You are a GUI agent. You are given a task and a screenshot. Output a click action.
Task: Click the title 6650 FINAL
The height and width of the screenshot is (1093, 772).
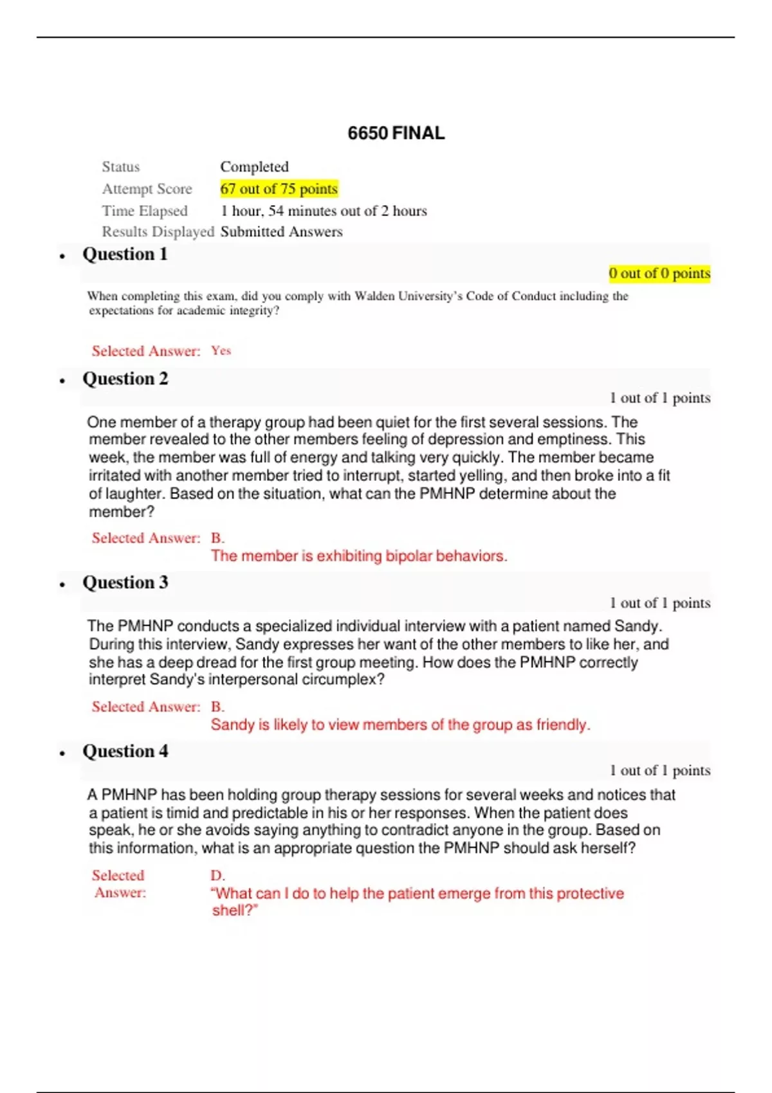click(396, 133)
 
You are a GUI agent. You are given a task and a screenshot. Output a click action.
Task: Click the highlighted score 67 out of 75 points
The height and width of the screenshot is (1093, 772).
click(279, 189)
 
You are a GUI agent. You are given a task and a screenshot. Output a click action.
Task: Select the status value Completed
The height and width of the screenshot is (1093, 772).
click(254, 167)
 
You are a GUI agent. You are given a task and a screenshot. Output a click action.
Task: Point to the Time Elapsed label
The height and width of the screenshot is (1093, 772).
click(145, 211)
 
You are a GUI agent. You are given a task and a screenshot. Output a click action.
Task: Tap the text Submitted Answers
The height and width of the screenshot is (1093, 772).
click(281, 232)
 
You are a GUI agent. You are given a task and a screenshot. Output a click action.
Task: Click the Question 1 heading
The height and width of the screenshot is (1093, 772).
click(125, 255)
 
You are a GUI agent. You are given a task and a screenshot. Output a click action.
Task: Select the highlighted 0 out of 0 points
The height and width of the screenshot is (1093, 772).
click(659, 273)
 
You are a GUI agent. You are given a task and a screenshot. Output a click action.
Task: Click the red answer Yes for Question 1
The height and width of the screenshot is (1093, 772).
click(221, 351)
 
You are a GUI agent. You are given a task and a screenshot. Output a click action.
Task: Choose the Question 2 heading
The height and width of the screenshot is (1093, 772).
click(125, 379)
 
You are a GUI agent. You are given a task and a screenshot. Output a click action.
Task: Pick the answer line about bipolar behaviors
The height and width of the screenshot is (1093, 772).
click(359, 556)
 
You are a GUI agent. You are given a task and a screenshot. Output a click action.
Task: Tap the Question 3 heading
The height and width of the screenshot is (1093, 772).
click(125, 583)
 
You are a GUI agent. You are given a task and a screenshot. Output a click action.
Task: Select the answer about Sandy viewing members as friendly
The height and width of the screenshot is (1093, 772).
click(400, 725)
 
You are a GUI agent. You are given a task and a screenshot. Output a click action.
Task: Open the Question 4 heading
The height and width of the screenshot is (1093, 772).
click(125, 752)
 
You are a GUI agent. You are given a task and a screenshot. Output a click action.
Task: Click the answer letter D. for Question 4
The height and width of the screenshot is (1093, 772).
click(217, 876)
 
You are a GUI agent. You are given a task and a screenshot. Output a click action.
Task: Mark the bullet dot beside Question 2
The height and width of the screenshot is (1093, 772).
click(62, 381)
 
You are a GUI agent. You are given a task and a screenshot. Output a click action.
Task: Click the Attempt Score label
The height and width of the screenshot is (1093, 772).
click(147, 189)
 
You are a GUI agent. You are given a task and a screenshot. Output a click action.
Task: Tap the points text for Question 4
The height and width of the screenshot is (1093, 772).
click(660, 771)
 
